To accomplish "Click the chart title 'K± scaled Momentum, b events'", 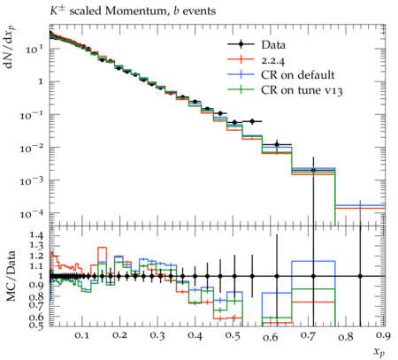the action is coord(133,11).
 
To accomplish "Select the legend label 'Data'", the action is coord(273,45).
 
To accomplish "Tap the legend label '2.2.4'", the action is coord(273,60).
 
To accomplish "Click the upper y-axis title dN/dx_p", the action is coord(10,47).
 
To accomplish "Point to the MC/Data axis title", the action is coord(11,276).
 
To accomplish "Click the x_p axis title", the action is coord(379,351).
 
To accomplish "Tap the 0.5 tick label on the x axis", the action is coord(233,335).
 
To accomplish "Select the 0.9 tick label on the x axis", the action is coord(383,335).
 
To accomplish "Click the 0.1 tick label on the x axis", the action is coord(81,335).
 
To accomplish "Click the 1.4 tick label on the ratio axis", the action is coord(36,235).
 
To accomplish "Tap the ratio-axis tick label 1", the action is coord(41,276).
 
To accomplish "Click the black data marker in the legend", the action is coord(241,44).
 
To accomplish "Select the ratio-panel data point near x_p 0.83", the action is coord(360,276).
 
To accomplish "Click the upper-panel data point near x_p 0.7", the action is coord(313,170).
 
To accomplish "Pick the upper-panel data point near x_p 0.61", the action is coord(277,145).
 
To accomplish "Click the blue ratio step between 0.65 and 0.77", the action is coord(313,261).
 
